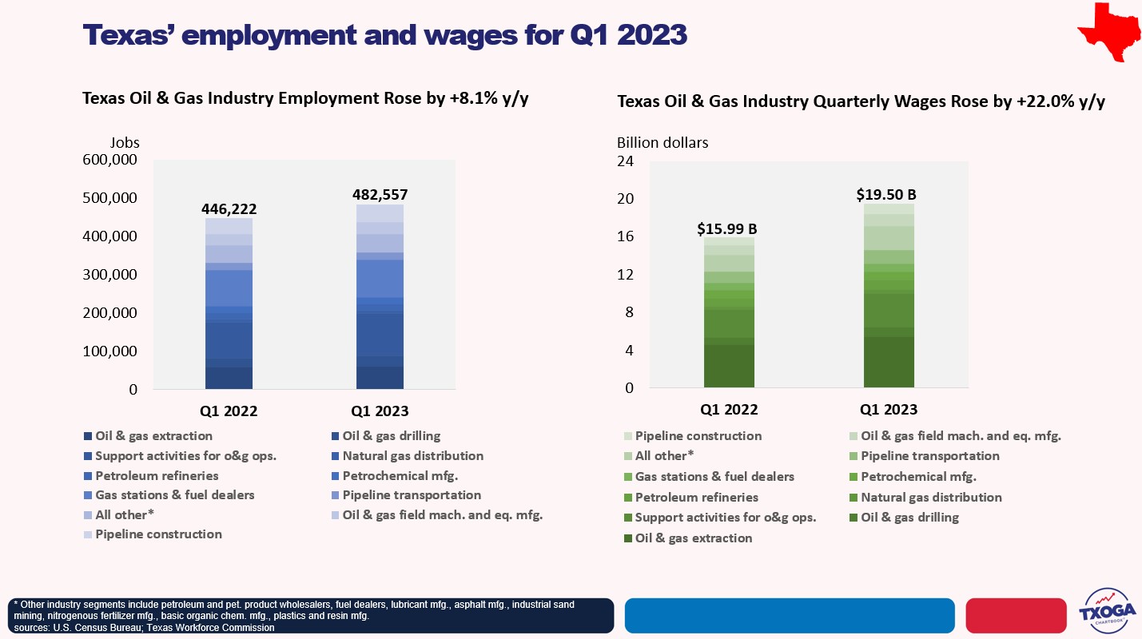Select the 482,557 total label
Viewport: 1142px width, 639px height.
[380, 195]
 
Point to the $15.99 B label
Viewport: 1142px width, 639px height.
[727, 229]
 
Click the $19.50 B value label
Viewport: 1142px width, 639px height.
[886, 194]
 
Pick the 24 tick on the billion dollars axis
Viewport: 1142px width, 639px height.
[625, 161]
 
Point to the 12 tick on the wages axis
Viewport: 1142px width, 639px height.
[625, 275]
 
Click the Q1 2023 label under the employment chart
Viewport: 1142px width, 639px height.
[380, 412]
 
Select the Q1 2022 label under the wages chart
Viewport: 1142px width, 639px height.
[729, 410]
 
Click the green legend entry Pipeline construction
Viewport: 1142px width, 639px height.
[698, 436]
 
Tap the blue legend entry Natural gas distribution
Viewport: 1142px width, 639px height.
[412, 456]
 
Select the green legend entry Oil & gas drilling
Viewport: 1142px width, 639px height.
[909, 518]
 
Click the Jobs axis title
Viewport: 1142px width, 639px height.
[125, 143]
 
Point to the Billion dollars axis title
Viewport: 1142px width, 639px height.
[663, 143]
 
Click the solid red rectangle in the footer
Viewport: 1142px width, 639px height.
[1016, 615]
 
